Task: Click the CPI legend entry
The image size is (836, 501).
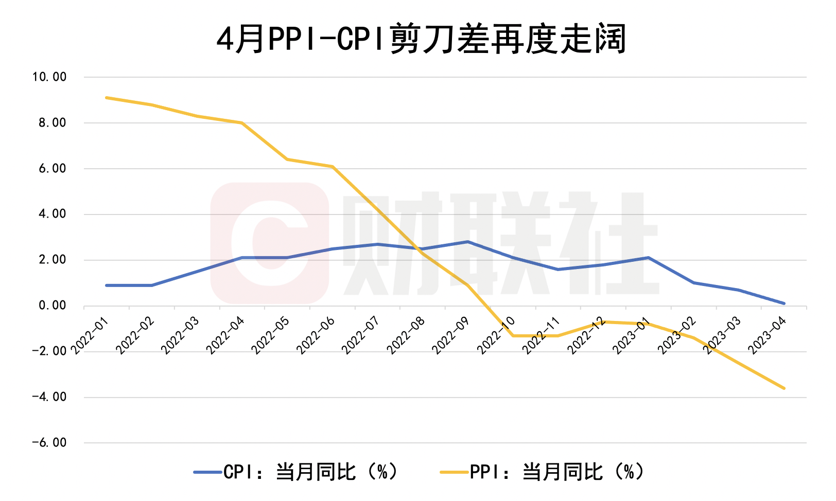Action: coord(295,471)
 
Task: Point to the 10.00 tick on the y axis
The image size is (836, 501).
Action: coord(49,77)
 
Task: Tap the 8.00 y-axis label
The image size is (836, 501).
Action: coord(52,123)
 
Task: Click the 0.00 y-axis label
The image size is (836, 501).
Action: coord(52,306)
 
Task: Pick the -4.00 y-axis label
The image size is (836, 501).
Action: coord(49,397)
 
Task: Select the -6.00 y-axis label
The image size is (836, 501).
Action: coord(49,443)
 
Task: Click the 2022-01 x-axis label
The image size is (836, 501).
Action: coord(90,335)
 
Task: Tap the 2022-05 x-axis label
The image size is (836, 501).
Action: coord(271,335)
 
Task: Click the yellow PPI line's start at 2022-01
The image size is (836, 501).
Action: coord(106,98)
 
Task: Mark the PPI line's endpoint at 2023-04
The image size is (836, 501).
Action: coord(784,388)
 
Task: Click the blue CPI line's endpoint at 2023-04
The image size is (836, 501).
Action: coord(784,303)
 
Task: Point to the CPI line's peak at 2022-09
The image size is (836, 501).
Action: coord(467,242)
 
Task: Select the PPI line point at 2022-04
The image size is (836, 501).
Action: coord(241,123)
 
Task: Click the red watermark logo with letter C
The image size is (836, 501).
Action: coord(270,243)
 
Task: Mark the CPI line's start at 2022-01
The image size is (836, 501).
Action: coord(106,285)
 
